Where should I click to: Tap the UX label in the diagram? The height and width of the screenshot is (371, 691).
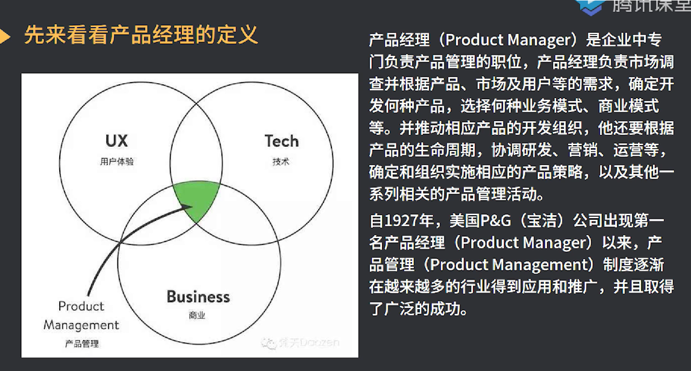coord(116,141)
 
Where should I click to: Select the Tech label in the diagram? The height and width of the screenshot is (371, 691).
coord(281,141)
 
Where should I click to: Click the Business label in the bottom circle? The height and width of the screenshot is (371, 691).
coord(198,296)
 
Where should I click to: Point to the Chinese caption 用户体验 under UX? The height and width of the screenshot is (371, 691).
coord(117,162)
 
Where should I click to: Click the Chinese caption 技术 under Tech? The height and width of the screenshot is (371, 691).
coord(281,162)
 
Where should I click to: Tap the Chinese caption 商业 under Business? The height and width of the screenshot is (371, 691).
coord(197,315)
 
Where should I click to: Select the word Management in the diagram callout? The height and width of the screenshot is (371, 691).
coord(81,325)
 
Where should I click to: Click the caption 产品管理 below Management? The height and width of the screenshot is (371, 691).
coord(82,343)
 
